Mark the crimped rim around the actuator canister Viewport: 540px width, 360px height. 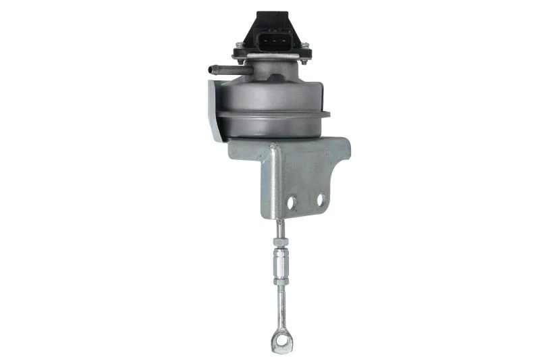(x=270, y=113)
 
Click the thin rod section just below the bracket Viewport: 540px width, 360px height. (x=277, y=228)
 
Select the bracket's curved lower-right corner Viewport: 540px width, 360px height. (x=342, y=203)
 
